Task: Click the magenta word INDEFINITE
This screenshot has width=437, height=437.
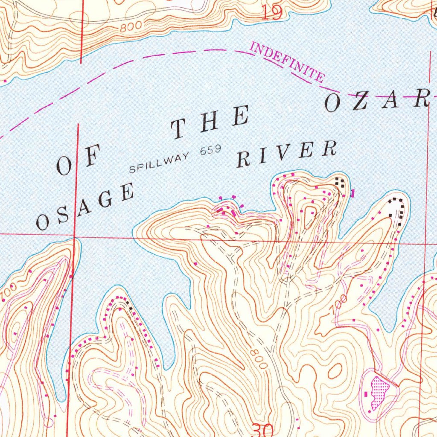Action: (x=287, y=63)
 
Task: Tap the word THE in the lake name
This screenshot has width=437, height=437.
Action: (x=210, y=123)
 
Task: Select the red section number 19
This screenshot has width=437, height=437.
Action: (x=272, y=13)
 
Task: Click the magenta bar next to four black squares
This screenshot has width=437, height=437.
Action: (x=352, y=193)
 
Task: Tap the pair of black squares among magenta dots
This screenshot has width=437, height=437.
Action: (x=128, y=304)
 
